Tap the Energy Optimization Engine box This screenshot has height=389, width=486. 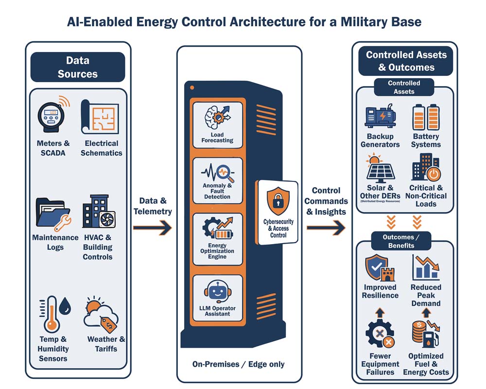click(217, 238)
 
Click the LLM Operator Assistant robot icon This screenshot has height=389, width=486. click(217, 292)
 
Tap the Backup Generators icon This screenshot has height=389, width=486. click(380, 117)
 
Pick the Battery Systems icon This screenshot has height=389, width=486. click(426, 117)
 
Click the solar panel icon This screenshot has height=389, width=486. click(380, 168)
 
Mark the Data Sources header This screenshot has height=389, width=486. click(78, 67)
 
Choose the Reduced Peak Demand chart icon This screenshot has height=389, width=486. click(426, 268)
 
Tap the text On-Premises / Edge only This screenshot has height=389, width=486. click(238, 364)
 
